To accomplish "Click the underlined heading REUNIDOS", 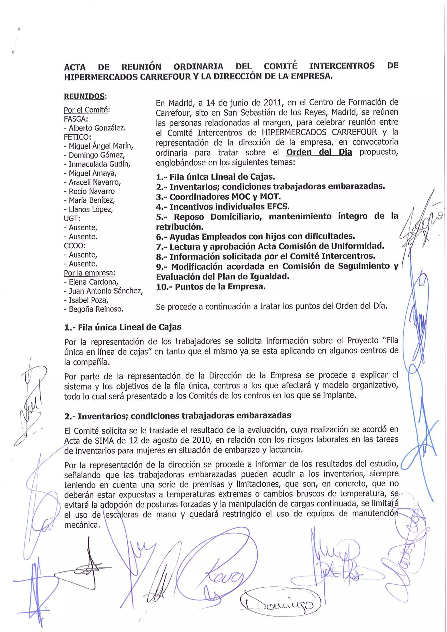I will pyautogui.click(x=84, y=97).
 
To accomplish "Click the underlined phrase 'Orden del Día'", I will pyautogui.click(x=319, y=152).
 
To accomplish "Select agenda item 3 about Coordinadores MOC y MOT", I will pyautogui.click(x=218, y=197).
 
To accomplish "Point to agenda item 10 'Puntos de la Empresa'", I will pyautogui.click(x=211, y=287).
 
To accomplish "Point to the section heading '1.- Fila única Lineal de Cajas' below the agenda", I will pyautogui.click(x=123, y=327).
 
